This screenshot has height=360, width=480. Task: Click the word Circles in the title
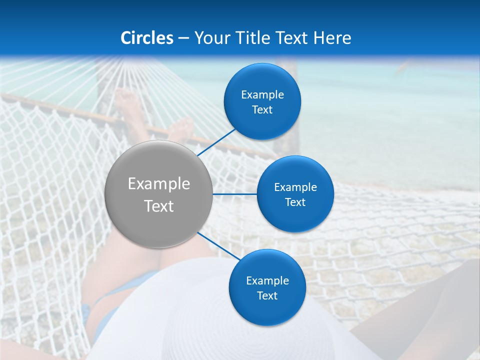147,38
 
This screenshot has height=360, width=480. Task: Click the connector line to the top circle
217,141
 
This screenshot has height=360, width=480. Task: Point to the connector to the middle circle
235,194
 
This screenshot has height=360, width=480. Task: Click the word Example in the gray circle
159,184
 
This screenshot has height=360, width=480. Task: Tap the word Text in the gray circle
159,206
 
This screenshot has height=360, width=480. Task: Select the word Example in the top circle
262,95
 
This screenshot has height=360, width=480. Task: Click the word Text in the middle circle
295,202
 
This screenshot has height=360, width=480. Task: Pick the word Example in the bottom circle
267,280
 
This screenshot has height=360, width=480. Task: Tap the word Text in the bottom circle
267,296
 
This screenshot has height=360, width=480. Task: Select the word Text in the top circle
262,110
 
